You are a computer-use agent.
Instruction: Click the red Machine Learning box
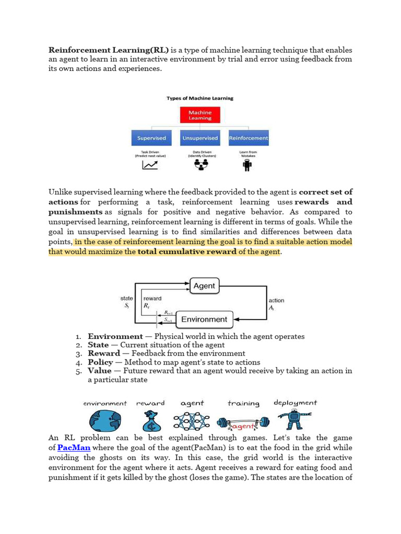point(200,115)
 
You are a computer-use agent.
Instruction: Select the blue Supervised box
point(151,138)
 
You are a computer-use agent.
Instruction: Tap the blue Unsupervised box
point(200,138)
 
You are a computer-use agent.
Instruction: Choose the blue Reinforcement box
point(249,138)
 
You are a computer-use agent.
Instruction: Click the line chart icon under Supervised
point(150,165)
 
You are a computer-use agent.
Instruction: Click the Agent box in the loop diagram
point(204,286)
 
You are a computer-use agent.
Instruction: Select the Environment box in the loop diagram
point(204,319)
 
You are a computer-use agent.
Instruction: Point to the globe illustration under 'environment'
point(104,420)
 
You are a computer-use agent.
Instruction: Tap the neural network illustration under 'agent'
point(192,420)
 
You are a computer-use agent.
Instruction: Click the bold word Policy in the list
point(100,362)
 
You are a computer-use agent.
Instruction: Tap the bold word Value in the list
point(99,371)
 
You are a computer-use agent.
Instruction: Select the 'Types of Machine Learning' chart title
point(200,98)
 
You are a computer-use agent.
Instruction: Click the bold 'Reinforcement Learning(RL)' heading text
point(109,50)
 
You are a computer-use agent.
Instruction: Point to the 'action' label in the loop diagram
point(276,300)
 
